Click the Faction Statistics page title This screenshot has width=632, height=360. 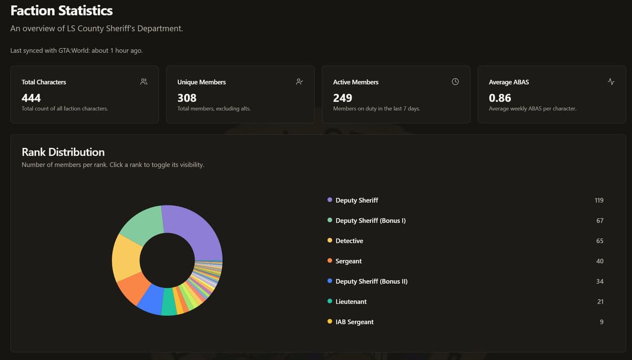[62, 11]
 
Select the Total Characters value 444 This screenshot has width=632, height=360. [31, 98]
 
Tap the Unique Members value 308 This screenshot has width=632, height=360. [187, 98]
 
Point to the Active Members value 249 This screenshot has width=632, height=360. [343, 98]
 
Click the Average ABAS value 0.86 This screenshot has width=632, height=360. [500, 98]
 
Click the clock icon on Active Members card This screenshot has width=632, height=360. [456, 82]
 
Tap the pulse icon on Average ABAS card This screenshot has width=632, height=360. [611, 82]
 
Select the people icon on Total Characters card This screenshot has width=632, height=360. [144, 82]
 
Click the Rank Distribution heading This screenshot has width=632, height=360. [63, 152]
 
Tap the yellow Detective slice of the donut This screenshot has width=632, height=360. [125, 258]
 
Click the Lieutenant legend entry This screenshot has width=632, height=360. [351, 302]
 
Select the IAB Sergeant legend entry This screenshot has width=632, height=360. [354, 322]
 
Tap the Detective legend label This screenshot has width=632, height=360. [349, 241]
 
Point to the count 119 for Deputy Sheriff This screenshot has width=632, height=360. [599, 200]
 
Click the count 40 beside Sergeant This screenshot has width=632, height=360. [600, 261]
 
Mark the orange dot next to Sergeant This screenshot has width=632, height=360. [330, 261]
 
